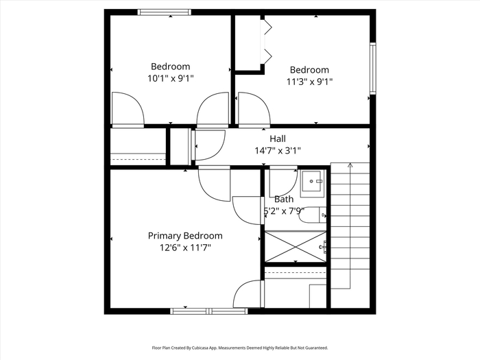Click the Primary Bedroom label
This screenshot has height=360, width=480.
[x=185, y=236]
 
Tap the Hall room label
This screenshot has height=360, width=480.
[x=278, y=139]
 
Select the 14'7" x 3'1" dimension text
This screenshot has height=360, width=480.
[x=278, y=151]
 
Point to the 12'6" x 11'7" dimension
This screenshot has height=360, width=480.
[x=185, y=248]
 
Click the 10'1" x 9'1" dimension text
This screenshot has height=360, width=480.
[x=171, y=78]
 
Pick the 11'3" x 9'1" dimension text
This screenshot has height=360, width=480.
[x=309, y=82]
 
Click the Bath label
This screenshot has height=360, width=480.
[x=284, y=200]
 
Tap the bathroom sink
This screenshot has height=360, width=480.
[x=313, y=184]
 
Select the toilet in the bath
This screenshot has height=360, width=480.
[x=313, y=215]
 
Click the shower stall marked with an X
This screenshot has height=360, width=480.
[x=296, y=247]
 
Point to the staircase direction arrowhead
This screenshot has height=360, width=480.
[x=350, y=165]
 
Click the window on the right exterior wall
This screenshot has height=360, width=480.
[x=372, y=69]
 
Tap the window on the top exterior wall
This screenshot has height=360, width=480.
[x=164, y=12]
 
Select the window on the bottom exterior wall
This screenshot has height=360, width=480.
[x=208, y=311]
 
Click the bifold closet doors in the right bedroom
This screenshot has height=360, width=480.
[x=265, y=42]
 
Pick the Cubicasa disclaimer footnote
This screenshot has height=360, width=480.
[x=240, y=348]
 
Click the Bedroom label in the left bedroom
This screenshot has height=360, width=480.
[x=171, y=67]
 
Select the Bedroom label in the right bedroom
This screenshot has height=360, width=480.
[x=309, y=70]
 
